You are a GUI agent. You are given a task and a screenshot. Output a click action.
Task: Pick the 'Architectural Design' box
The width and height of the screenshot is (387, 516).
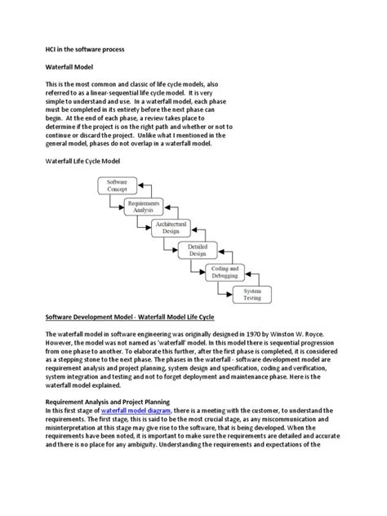point(171,228)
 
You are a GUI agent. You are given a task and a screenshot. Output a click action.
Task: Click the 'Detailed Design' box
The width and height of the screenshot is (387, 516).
point(197,250)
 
